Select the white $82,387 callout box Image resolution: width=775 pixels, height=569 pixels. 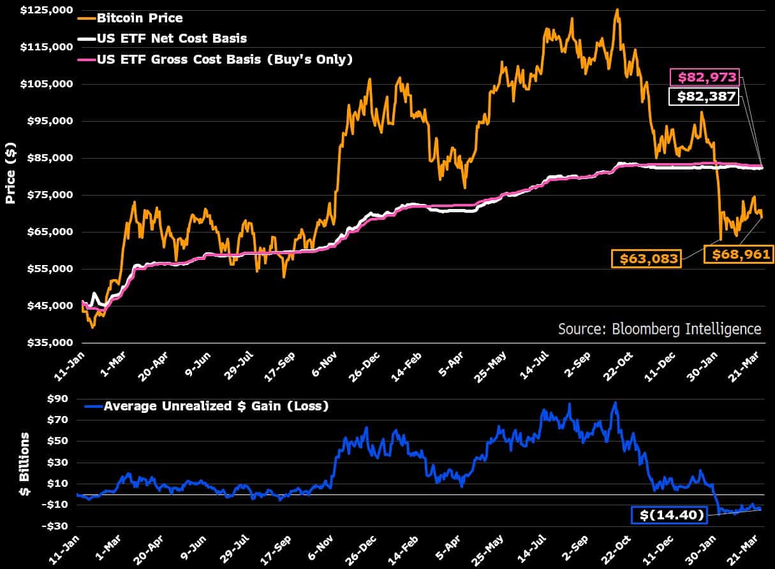(704, 97)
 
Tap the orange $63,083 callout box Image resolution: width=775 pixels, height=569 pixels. (646, 259)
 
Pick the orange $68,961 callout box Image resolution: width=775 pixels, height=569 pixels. (738, 255)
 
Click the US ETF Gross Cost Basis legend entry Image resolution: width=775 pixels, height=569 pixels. (224, 60)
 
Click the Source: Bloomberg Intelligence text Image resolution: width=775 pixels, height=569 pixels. (660, 329)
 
